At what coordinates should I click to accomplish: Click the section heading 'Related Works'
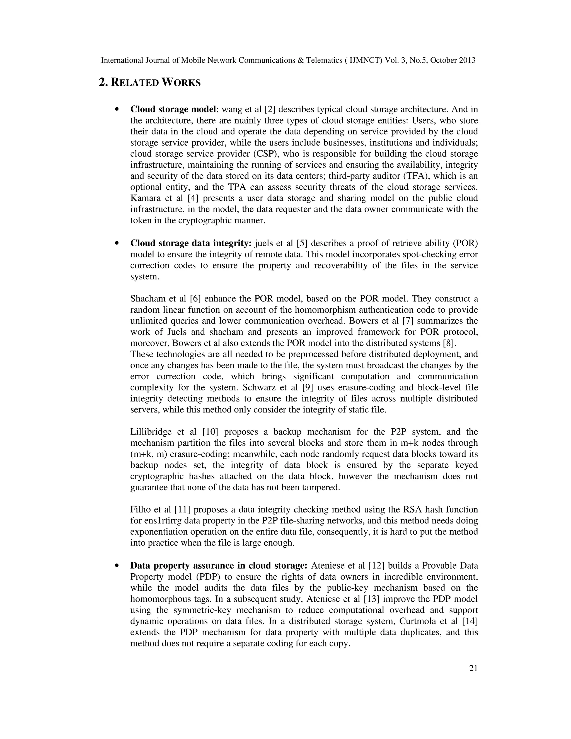[x=149, y=82]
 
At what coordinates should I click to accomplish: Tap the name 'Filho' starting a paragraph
[x=140, y=509]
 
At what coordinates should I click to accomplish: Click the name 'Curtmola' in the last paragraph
[x=417, y=621]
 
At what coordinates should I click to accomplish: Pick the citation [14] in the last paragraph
[x=470, y=621]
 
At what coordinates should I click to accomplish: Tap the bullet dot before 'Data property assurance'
[x=117, y=566]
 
